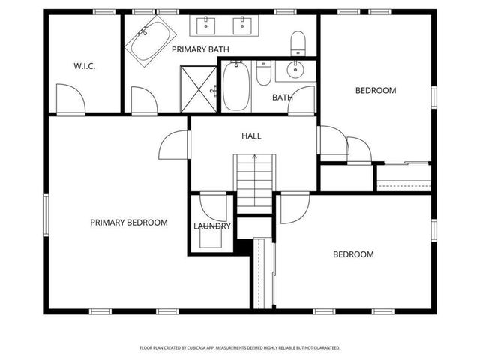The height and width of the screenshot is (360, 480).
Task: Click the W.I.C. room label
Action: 84,66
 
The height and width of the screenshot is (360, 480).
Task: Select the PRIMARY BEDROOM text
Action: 129,223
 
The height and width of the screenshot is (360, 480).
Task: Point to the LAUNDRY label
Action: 212,226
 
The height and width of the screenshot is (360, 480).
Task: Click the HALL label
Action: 251,136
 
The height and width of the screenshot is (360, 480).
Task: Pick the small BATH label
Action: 282,97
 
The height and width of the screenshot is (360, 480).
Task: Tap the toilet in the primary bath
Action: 298,42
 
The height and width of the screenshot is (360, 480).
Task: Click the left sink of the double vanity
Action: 207,26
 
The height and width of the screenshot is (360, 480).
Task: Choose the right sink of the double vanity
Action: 241,26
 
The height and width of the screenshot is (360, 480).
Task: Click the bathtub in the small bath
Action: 235,87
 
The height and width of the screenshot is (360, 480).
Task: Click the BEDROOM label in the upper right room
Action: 375,91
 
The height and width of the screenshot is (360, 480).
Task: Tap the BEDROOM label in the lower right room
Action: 353,254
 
